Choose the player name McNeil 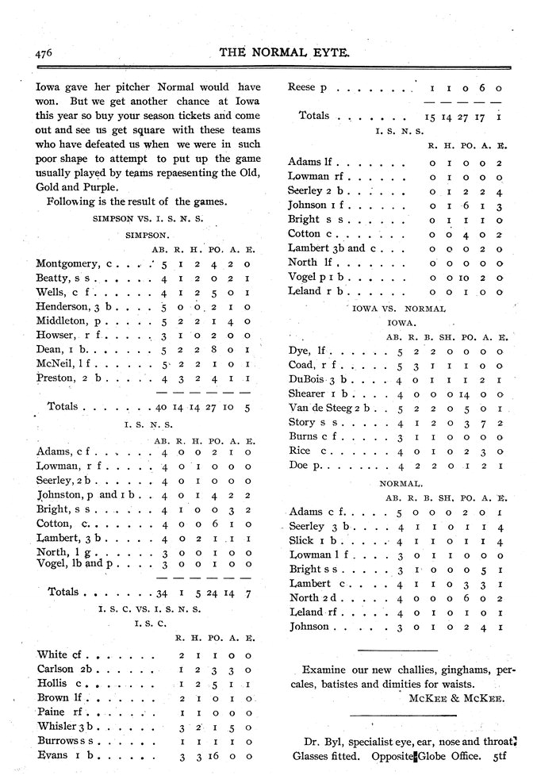(x=56, y=364)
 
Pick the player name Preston (x=58, y=378)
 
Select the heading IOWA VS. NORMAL (x=397, y=307)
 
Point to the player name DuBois (x=309, y=379)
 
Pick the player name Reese (x=302, y=87)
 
